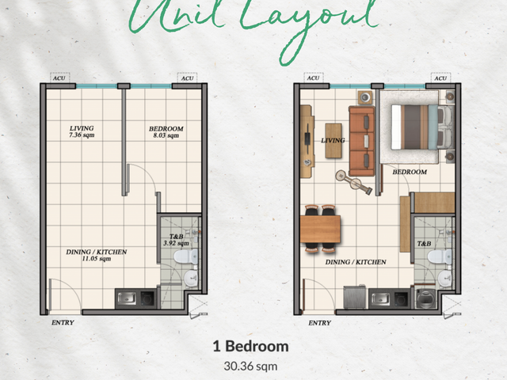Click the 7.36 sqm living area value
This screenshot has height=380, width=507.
point(82,135)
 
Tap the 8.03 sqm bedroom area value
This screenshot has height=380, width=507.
point(166,135)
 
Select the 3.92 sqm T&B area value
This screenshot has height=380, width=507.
point(176,243)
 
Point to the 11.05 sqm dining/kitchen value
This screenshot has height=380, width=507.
point(97,259)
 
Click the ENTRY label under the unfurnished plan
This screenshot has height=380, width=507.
point(63,322)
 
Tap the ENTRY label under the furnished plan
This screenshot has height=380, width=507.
point(319,323)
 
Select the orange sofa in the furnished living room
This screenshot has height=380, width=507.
point(361,141)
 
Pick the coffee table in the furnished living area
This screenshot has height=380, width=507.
point(334,141)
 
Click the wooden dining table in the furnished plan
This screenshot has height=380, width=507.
point(320,229)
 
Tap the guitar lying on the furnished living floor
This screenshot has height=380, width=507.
point(353,182)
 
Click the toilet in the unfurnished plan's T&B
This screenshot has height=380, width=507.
point(186,256)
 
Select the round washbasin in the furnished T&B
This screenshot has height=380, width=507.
point(445,278)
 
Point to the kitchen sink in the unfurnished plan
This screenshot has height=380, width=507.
point(127,298)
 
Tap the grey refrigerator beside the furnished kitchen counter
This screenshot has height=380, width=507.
point(355,297)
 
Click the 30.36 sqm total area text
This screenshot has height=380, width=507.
point(250,367)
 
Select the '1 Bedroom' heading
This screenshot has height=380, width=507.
point(250,347)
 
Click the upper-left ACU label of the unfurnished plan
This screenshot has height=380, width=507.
point(59,78)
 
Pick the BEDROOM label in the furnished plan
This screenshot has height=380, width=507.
point(410,172)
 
